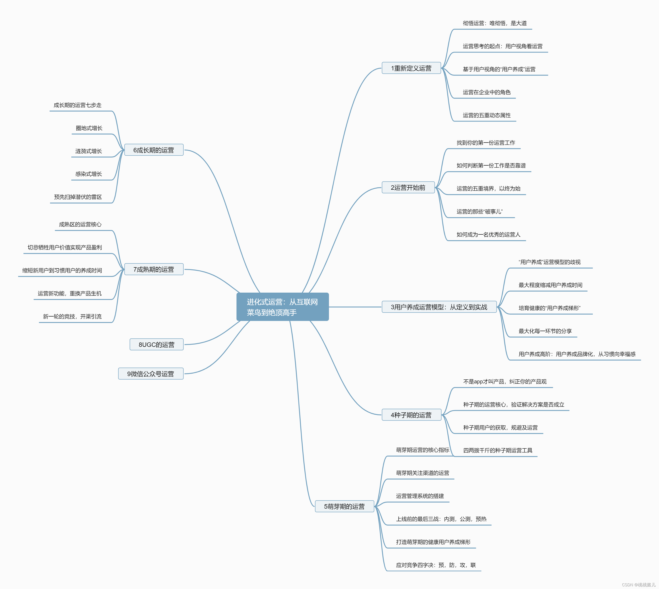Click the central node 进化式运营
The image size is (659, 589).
(x=282, y=307)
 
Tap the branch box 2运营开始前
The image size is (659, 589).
(x=408, y=188)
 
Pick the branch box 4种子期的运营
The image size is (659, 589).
(x=411, y=415)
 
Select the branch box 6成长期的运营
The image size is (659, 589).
(x=154, y=150)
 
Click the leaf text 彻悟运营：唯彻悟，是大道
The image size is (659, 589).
(x=495, y=23)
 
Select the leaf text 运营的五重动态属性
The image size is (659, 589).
(x=487, y=115)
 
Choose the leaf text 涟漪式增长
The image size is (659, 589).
(x=89, y=151)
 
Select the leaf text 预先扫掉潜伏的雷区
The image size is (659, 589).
(x=78, y=197)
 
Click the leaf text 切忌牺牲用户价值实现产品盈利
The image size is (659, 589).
(x=65, y=247)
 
